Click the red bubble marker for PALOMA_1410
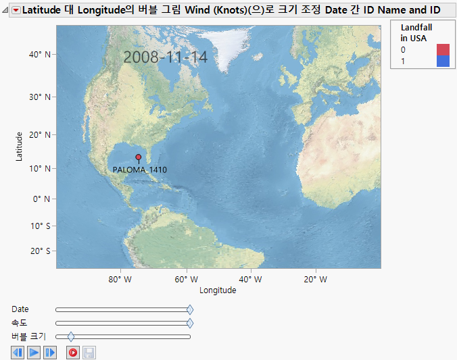[139, 157]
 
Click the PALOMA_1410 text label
[140, 170]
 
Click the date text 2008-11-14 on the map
[166, 57]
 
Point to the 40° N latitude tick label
[39, 55]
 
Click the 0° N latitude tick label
[39, 199]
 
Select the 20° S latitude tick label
[39, 251]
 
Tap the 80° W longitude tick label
[119, 279]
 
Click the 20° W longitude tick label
[315, 279]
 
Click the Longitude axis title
[218, 290]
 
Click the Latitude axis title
[20, 146]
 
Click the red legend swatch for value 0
[443, 49]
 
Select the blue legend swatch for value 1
[443, 61]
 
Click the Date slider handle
[190, 309]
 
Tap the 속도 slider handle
[190, 323]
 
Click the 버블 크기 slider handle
[71, 336]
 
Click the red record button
[72, 353]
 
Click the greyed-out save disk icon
[89, 353]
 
